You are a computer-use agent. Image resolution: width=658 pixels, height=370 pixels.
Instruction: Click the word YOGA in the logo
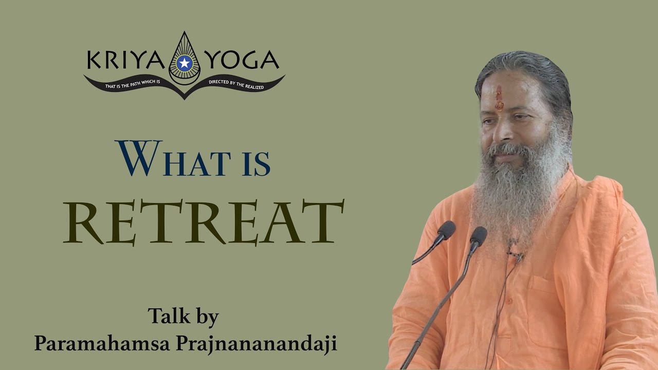tap(242, 61)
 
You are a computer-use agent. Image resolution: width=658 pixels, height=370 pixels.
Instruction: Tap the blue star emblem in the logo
tap(184, 64)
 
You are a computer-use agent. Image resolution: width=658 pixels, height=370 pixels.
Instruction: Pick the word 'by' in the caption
tap(207, 318)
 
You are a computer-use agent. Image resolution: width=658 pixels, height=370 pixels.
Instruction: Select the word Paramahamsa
tap(101, 343)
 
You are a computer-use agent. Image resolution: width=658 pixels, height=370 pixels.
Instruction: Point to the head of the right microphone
tap(478, 236)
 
